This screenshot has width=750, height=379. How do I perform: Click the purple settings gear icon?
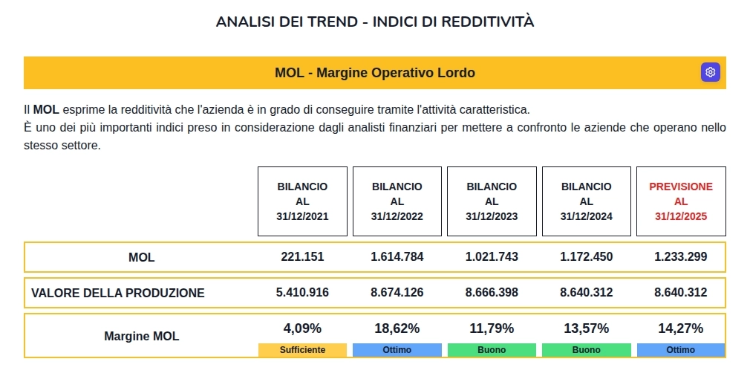pos(711,72)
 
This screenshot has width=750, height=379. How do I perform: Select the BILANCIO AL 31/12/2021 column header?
pos(302,201)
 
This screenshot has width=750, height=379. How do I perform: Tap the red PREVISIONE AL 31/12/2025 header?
pos(681,201)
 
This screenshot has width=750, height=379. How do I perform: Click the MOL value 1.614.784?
pos(397,257)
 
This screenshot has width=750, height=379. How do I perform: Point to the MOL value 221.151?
pos(302,257)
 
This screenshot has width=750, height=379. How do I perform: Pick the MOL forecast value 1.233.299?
pos(681,257)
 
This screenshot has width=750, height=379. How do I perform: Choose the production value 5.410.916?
pos(302,293)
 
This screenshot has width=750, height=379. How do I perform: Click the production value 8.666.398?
pos(492,293)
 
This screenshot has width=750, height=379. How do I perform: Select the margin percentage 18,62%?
pos(397,328)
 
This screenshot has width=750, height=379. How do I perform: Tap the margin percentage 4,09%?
pos(302,328)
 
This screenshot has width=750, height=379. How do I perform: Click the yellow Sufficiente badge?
pos(302,350)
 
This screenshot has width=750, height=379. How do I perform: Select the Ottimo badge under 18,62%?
pos(397,350)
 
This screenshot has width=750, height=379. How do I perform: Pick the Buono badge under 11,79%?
pos(492,350)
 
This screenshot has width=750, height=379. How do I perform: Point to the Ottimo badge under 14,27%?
pos(681,350)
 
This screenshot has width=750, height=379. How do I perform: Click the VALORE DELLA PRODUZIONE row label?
pos(117,294)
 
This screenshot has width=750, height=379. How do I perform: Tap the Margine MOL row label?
pos(141,337)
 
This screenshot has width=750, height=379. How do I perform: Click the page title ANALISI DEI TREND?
pos(375,22)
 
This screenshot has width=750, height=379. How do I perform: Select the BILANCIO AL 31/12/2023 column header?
pos(492,201)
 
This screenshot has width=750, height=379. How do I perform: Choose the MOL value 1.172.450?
pos(587,257)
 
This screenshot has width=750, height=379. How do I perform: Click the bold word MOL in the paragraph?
pos(46,110)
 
